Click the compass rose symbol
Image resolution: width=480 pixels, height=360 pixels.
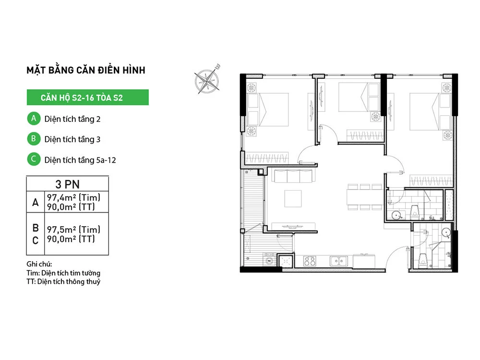[x=207, y=80]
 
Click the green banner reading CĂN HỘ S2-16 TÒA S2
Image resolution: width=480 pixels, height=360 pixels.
[x=87, y=97]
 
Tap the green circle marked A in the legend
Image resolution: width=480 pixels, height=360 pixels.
[x=34, y=119]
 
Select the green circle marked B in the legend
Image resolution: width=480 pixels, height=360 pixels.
[x=34, y=139]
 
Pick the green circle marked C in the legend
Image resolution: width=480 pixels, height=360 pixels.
[x=34, y=159]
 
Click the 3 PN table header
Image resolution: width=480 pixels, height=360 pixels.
[x=67, y=184]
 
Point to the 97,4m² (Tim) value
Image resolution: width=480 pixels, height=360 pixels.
[x=73, y=197]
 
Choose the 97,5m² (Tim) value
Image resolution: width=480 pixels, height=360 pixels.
[x=73, y=229]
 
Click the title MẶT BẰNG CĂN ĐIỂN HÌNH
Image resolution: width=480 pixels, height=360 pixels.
[x=86, y=70]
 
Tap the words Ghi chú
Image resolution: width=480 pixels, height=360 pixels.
[x=39, y=264]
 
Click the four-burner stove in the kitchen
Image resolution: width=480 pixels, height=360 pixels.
[x=310, y=261]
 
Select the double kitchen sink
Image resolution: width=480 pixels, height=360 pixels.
[x=338, y=261]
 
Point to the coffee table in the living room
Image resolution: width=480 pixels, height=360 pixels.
[x=293, y=199]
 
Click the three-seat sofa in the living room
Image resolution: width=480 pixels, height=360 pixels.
[x=293, y=176]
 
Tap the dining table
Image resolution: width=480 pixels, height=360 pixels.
[x=364, y=197]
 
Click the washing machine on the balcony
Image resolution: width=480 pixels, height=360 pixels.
[x=269, y=260]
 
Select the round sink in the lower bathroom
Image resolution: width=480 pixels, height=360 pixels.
[x=446, y=233]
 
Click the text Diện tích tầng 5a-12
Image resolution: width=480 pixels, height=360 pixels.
[x=80, y=160]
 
